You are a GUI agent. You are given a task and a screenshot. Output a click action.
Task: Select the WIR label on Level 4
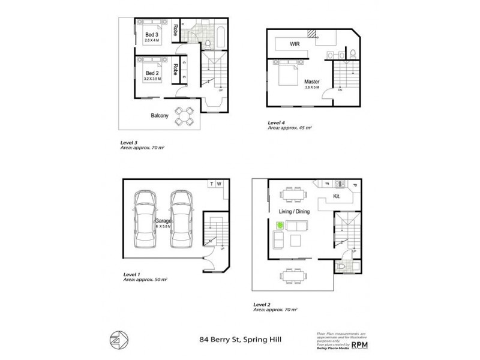coord(295,44)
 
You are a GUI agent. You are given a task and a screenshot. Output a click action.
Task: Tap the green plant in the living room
coord(280,226)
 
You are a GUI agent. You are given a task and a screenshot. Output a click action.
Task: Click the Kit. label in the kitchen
coord(337,196)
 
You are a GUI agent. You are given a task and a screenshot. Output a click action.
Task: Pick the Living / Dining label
coord(293,211)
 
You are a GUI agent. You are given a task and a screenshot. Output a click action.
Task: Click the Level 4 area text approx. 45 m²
coord(290,128)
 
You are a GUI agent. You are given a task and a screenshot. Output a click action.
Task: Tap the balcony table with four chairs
coord(183,115)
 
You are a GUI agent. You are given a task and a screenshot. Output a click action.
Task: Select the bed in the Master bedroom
coord(286,77)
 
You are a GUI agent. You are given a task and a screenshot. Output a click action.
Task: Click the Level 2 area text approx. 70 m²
coord(276,309)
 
